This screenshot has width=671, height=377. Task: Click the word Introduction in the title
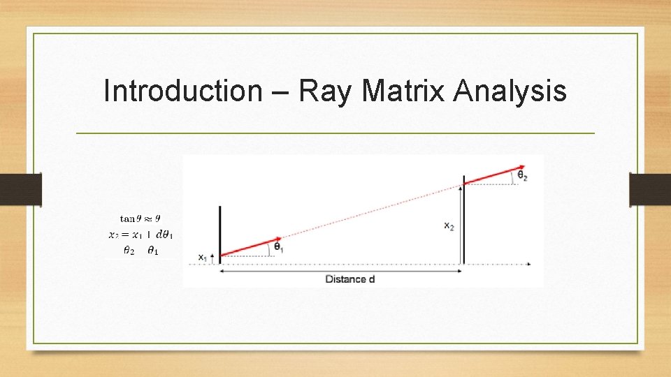181,91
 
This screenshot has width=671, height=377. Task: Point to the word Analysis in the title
510,91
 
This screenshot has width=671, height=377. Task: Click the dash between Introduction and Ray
279,92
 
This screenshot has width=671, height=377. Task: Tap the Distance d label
350,279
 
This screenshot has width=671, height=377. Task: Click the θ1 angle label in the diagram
277,247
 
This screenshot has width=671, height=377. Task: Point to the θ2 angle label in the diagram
522,175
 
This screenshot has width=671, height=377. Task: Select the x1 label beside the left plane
203,258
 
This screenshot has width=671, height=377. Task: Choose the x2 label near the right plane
449,226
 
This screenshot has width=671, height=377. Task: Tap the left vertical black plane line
220,230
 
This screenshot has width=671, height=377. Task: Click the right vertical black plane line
464,220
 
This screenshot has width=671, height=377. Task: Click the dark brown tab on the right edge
649,189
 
